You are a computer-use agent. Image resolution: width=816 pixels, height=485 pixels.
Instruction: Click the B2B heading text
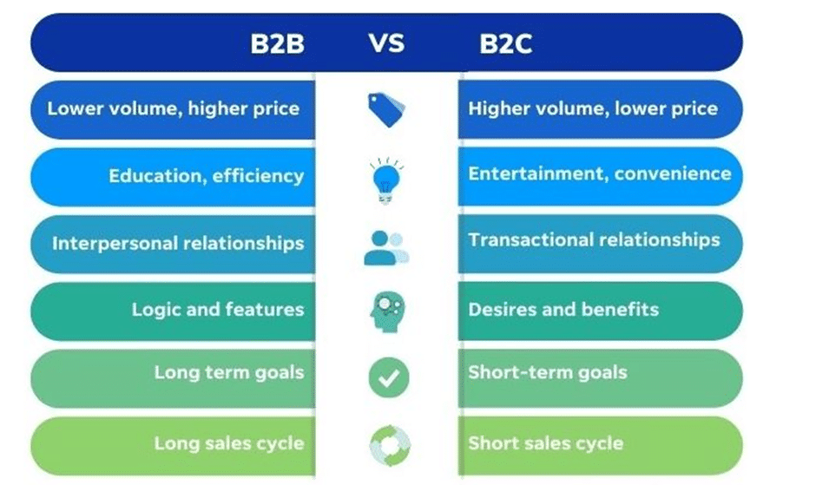click(278, 43)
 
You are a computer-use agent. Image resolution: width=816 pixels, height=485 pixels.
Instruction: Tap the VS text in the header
click(386, 43)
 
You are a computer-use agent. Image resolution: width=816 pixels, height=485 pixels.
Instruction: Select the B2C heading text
click(506, 43)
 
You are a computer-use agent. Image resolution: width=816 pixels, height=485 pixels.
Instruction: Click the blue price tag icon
click(386, 110)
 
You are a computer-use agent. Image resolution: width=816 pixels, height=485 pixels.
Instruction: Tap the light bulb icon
click(386, 180)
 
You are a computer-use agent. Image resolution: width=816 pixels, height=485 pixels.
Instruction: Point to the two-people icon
click(386, 248)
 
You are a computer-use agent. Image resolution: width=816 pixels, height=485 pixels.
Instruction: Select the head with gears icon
click(388, 311)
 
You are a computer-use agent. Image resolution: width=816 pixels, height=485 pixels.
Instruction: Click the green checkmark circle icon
click(389, 377)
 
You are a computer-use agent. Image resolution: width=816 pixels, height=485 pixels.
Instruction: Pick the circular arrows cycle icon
click(390, 445)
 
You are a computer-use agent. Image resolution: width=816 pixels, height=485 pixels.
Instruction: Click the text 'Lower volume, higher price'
click(174, 108)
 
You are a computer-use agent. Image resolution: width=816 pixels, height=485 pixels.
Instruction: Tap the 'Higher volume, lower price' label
click(593, 108)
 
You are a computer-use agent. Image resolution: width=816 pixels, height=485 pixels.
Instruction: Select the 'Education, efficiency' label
click(206, 176)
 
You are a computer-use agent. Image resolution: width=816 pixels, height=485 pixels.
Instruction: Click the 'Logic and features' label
click(218, 310)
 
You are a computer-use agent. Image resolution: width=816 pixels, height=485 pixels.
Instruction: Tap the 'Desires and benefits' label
click(563, 310)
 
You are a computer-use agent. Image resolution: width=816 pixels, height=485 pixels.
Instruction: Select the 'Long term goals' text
click(229, 372)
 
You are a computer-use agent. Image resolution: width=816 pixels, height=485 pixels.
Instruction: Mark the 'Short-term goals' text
click(548, 372)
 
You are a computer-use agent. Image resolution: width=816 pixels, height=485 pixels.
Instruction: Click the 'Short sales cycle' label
click(546, 443)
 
